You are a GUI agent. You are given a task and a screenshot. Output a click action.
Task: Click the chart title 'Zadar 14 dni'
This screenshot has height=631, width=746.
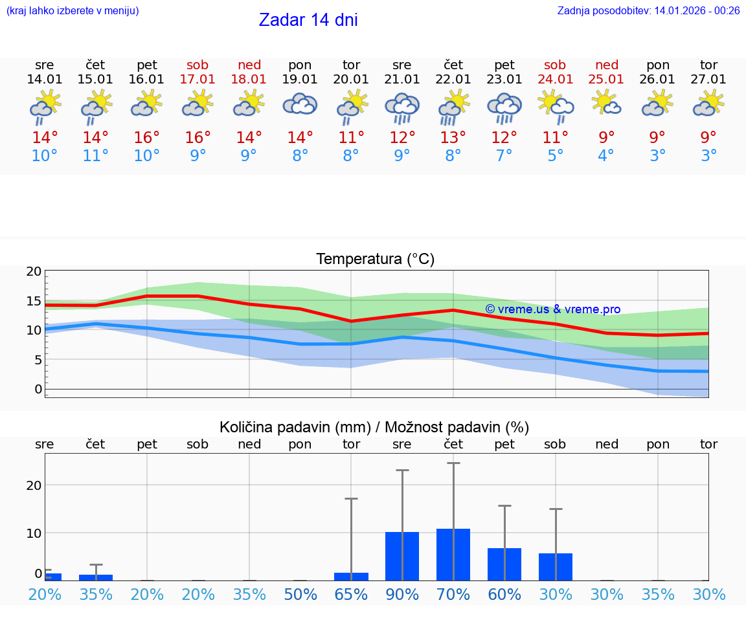308,20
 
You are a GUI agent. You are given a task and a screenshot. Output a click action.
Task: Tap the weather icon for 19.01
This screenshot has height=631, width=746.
300,104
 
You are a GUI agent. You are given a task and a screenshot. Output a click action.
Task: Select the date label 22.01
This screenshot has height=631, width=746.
453,79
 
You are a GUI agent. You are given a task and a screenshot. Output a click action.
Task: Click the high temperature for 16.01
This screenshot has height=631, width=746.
147,138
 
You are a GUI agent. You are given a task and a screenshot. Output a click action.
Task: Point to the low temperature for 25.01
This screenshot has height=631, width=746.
606,156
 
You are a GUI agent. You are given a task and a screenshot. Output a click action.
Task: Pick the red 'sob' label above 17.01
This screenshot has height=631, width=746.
198,65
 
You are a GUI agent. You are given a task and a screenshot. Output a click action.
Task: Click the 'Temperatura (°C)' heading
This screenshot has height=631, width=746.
375,260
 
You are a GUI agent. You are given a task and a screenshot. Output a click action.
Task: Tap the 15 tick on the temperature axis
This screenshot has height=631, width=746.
34,301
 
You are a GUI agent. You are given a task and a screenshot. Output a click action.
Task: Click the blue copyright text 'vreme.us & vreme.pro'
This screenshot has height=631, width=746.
552,309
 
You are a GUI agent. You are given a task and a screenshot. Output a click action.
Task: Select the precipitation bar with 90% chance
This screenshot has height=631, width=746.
402,556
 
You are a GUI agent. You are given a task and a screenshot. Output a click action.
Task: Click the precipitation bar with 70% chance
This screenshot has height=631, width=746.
453,555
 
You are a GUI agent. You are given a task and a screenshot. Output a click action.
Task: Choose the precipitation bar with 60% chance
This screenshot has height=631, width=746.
504,564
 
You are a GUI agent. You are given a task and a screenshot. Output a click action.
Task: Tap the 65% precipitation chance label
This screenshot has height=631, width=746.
351,594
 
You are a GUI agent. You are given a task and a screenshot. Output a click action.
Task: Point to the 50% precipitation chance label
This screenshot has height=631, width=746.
300,594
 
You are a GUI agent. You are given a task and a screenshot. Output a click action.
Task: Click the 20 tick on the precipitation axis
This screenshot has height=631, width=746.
34,485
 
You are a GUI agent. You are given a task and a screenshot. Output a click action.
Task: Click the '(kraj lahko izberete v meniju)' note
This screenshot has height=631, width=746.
73,10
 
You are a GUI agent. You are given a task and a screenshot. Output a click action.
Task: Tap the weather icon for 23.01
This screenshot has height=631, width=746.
504,107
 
